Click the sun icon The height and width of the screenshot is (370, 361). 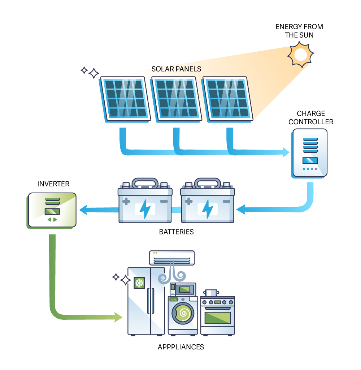(x=300, y=55)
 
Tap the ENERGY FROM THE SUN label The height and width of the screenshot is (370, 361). (x=299, y=31)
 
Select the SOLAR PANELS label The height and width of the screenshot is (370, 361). (x=176, y=69)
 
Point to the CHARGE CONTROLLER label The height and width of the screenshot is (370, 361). (x=311, y=118)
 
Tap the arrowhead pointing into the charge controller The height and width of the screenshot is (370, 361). (x=286, y=153)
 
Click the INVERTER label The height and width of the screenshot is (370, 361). (x=53, y=184)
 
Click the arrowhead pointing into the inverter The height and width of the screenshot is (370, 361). (x=83, y=209)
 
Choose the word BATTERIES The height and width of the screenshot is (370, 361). (x=176, y=232)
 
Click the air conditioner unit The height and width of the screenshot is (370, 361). (x=172, y=258)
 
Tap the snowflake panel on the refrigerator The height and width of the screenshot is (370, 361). (x=139, y=283)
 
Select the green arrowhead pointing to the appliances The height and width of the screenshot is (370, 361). (x=118, y=317)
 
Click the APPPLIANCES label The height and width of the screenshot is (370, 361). (x=180, y=347)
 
